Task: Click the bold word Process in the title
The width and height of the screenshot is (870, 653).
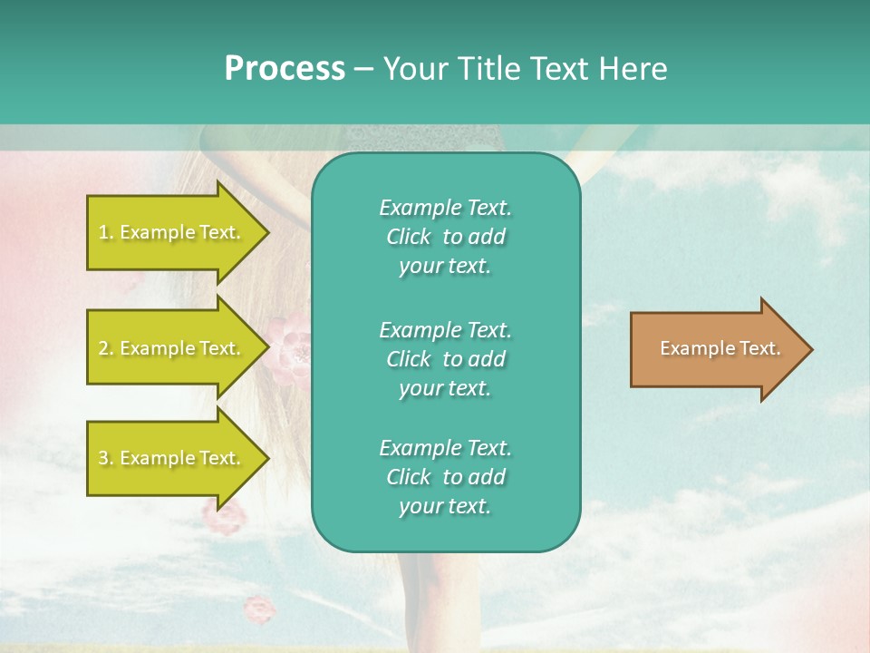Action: click(285, 69)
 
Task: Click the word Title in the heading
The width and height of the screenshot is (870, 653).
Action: click(488, 69)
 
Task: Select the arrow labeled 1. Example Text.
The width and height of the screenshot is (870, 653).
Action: click(172, 232)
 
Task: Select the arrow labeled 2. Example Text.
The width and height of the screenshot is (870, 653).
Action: click(172, 348)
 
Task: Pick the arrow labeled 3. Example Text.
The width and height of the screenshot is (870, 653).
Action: click(172, 458)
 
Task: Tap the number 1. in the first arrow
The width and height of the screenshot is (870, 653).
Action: click(106, 232)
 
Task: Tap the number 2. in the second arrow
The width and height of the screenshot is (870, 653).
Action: click(106, 348)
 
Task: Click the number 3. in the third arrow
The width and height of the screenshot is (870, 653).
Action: click(106, 458)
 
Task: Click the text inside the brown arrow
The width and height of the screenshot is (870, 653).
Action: click(720, 348)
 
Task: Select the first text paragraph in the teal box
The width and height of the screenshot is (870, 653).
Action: click(445, 237)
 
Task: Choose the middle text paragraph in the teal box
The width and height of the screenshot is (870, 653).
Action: click(445, 359)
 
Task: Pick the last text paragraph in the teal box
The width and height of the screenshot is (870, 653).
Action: click(445, 477)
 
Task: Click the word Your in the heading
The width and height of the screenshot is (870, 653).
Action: click(416, 69)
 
